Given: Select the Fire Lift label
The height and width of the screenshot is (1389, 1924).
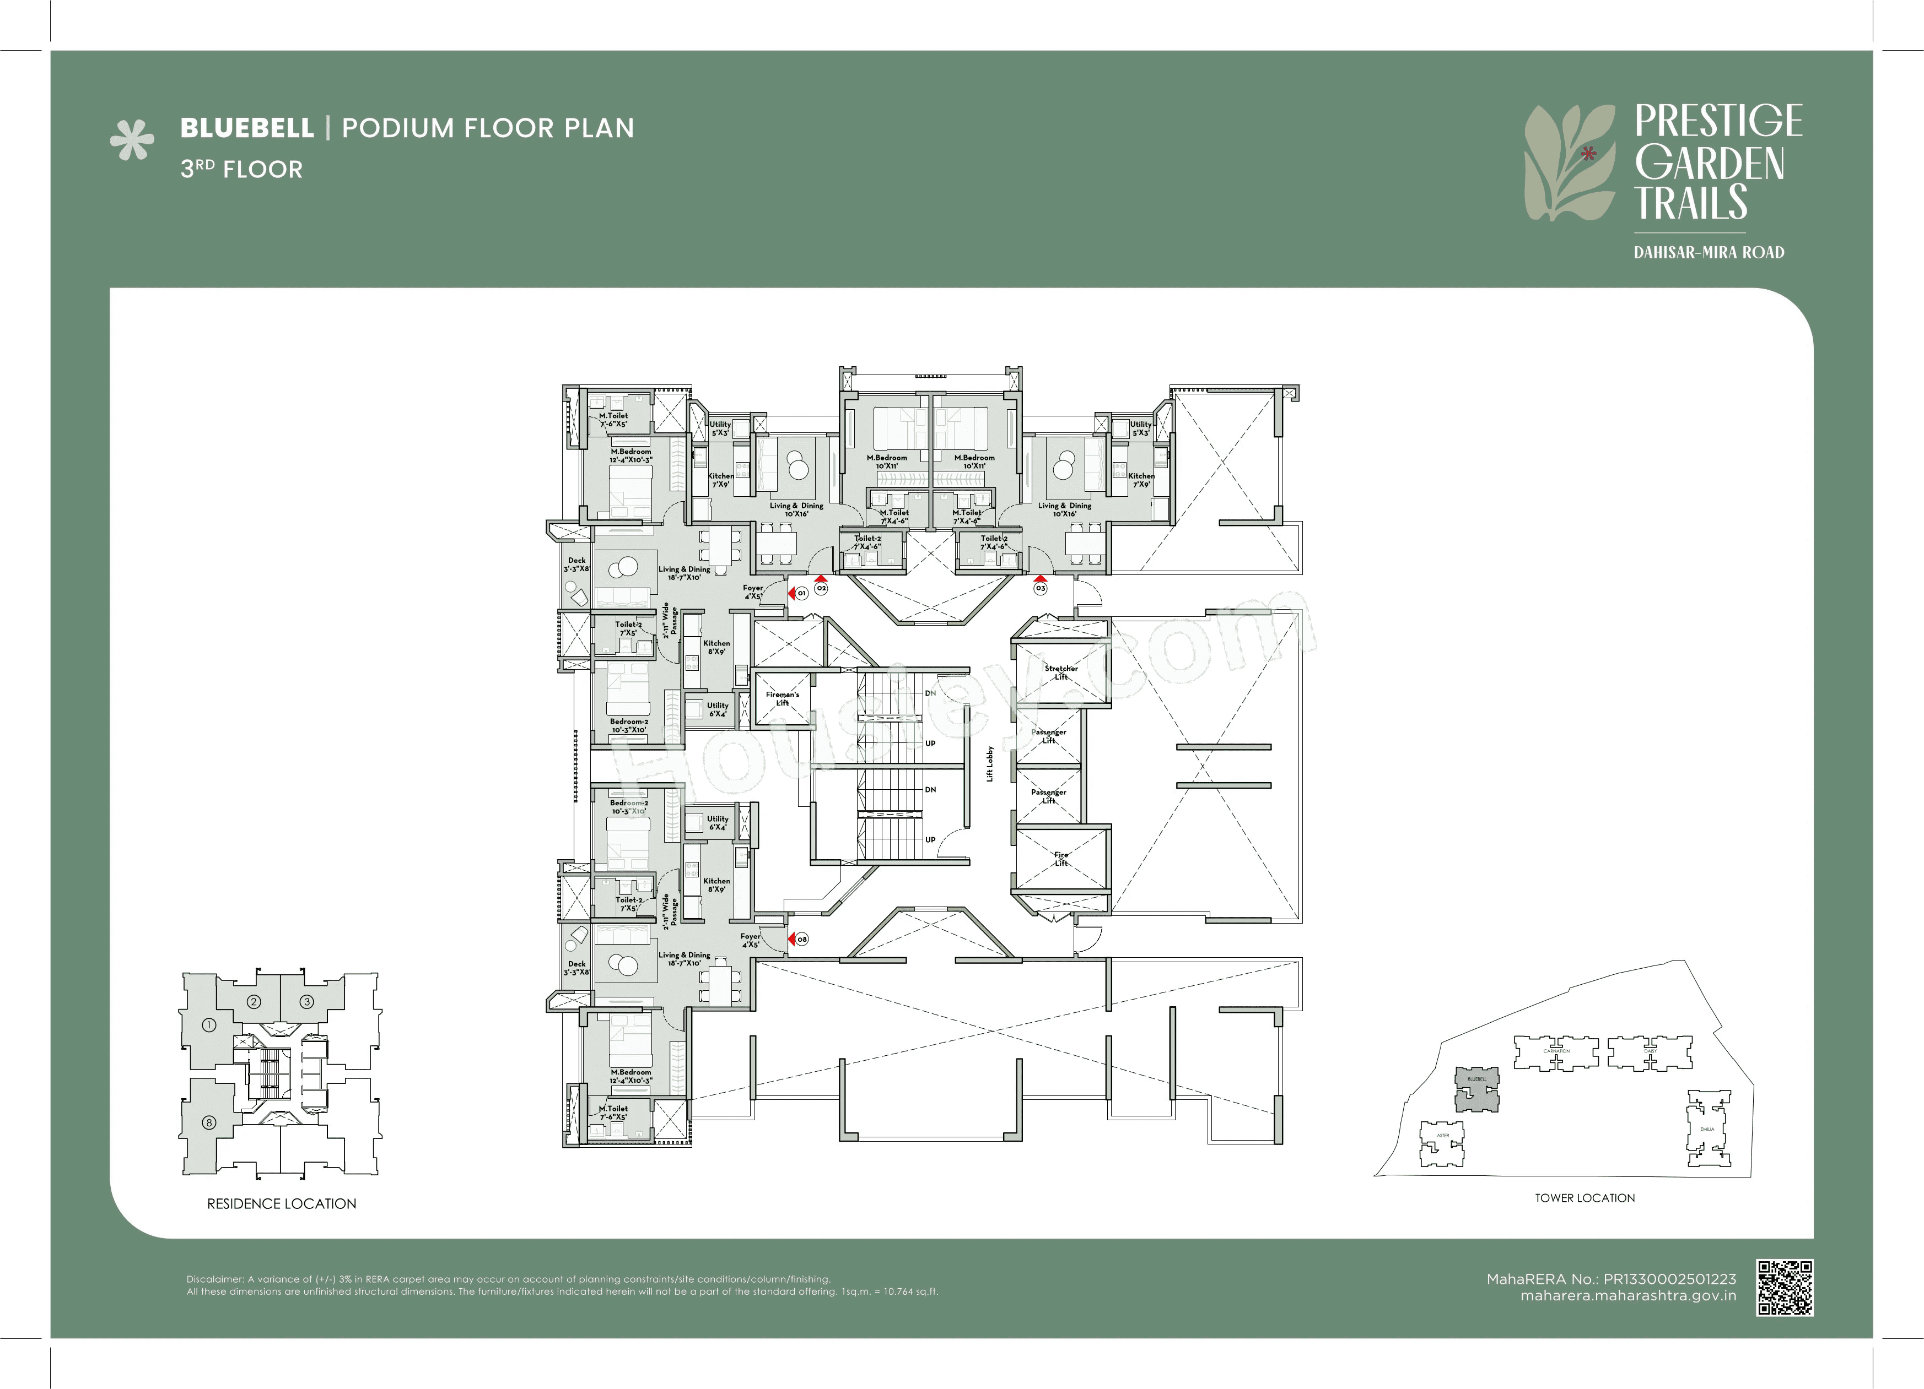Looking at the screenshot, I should tap(1060, 858).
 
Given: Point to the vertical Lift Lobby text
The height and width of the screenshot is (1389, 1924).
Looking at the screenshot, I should tap(990, 763).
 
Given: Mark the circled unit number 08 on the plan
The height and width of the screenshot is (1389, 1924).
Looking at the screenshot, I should tap(802, 938).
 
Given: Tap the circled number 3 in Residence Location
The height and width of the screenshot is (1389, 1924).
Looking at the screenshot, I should tap(307, 1001).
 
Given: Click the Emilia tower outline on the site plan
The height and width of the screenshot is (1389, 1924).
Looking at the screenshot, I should tap(1707, 1128).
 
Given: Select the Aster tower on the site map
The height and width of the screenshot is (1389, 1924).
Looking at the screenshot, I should tap(1442, 1143).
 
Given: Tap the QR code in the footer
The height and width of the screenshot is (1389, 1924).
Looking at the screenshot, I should tap(1784, 1287).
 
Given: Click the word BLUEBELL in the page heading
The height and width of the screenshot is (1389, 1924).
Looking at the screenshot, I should tap(247, 128).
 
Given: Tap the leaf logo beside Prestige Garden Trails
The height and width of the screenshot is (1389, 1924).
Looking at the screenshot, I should tap(1570, 162).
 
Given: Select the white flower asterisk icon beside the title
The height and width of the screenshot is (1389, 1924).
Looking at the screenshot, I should tap(132, 140).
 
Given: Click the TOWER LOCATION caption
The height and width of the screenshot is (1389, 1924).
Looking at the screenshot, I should tap(1584, 1197).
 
